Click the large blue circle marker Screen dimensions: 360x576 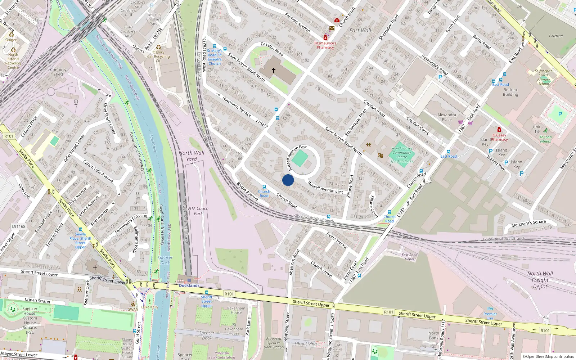click(288, 180)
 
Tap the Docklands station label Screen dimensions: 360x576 click(189, 285)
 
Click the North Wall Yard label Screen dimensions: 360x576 click(192, 156)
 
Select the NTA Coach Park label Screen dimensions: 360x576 click(198, 211)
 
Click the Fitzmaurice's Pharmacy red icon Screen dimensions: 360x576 click(325, 38)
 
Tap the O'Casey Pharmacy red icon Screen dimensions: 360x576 click(499, 129)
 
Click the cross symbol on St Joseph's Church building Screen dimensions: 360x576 click(274, 70)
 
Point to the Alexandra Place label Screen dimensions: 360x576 click(446, 117)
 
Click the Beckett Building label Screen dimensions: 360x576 click(510, 92)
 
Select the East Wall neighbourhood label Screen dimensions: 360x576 click(360, 31)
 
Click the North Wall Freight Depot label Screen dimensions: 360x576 click(540, 280)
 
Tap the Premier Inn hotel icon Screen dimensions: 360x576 click(490, 309)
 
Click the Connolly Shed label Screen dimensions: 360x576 click(58, 72)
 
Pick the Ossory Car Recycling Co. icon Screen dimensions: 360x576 click(158, 47)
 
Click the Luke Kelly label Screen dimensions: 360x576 click(150, 307)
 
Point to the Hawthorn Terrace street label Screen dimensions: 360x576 click(237, 106)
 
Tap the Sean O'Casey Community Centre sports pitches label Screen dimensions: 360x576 click(402, 155)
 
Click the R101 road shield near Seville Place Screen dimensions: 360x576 click(9, 136)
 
